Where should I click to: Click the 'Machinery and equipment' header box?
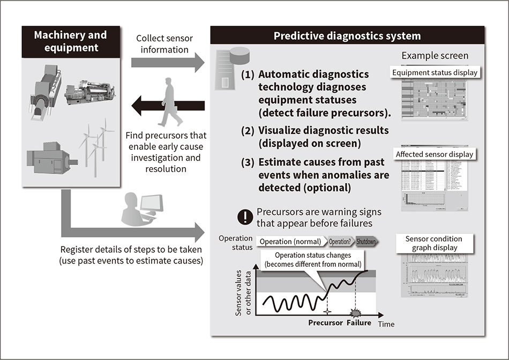[70, 41]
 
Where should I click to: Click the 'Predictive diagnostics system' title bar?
[347, 36]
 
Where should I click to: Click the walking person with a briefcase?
[170, 101]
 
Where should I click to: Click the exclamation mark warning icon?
[245, 217]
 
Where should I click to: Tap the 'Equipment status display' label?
[435, 72]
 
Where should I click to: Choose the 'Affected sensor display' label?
[435, 155]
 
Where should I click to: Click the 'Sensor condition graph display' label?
[434, 243]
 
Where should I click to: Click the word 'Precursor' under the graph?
[325, 323]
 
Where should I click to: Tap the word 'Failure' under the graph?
[359, 323]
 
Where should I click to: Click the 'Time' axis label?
[386, 324]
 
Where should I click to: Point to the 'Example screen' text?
[435, 56]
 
